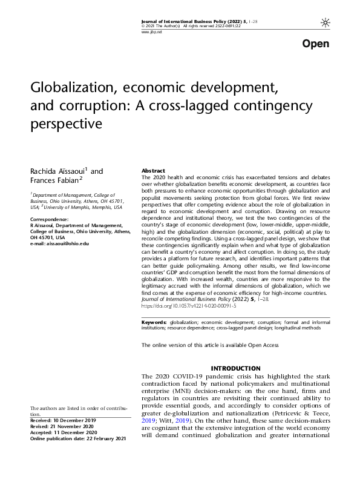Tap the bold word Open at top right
coord(315,44)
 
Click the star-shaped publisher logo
coord(326,23)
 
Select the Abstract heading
coord(153,171)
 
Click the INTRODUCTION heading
coord(235,369)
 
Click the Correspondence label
coord(49,219)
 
